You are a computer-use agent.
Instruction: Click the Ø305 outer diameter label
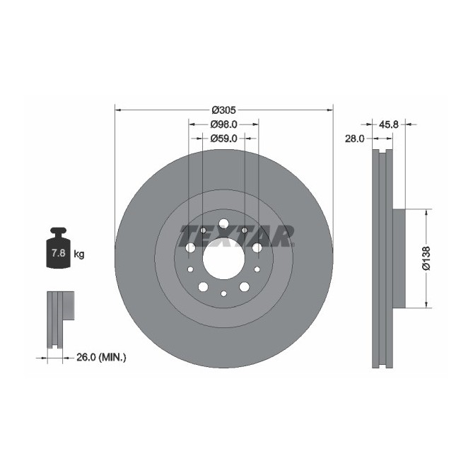[x=223, y=110]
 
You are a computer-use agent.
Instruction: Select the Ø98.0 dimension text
[x=223, y=124]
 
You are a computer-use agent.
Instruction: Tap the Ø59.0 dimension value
[x=223, y=138]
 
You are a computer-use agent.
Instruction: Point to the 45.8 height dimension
[x=389, y=124]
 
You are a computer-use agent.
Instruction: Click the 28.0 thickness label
[x=354, y=139]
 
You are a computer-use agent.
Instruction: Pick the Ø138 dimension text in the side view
[x=426, y=258]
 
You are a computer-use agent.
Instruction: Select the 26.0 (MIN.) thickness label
[x=100, y=358]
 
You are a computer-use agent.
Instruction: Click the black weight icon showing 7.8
[x=57, y=250]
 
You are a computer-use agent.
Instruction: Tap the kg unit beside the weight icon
[x=79, y=254]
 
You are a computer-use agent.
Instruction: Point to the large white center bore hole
[x=223, y=257]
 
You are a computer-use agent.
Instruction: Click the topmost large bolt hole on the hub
[x=223, y=223]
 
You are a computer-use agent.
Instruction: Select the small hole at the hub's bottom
[x=223, y=293]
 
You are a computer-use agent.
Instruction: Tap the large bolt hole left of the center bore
[x=190, y=247]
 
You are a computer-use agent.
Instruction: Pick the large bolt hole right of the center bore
[x=257, y=247]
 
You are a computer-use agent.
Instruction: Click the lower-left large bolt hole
[x=203, y=286]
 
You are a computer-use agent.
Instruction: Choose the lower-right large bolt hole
[x=244, y=286]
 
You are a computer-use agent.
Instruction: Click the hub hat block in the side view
[x=399, y=258]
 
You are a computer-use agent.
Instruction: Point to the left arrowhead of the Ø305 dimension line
[x=117, y=110]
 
